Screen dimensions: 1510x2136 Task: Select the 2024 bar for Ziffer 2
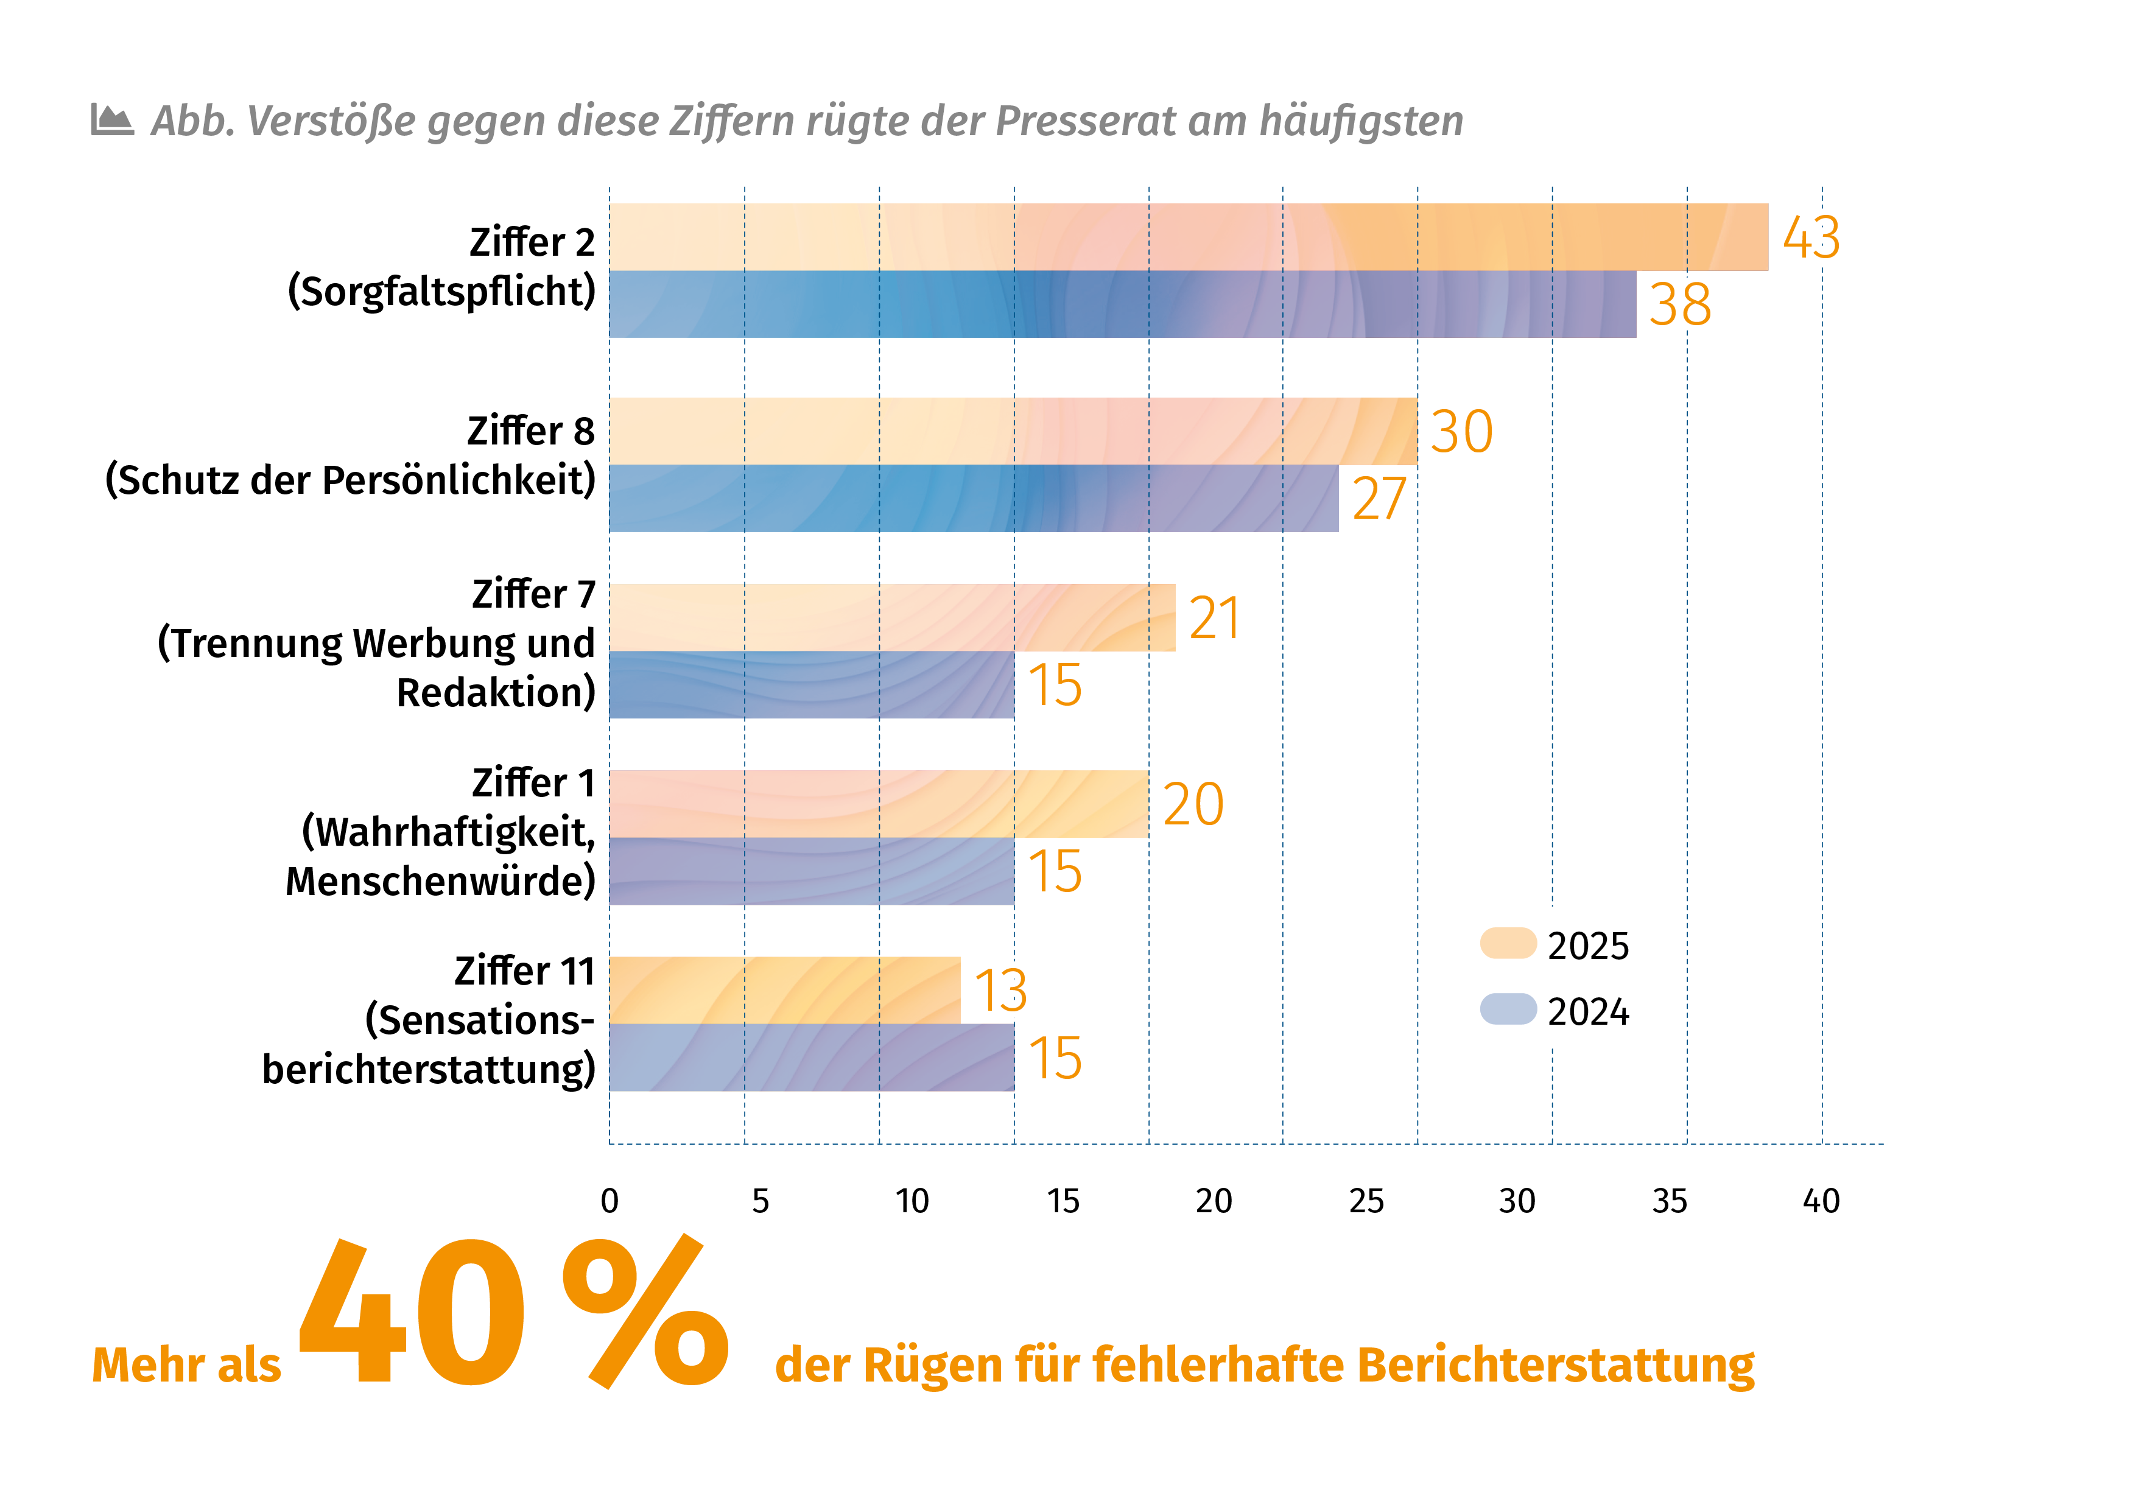(x=1122, y=304)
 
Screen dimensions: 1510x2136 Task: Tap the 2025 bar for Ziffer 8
(x=1013, y=430)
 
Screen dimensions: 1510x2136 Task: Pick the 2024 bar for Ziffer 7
(x=811, y=685)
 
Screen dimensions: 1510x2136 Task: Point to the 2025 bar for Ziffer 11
(x=784, y=990)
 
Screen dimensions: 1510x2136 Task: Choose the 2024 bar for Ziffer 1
(x=811, y=871)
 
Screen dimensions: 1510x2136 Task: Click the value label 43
(x=1810, y=237)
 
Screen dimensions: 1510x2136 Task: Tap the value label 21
(x=1214, y=618)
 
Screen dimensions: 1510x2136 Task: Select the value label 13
(x=1000, y=990)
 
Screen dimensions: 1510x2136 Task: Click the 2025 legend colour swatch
(x=1507, y=943)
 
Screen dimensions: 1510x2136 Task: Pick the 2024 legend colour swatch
(x=1507, y=1010)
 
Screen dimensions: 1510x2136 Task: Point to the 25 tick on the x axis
(x=1366, y=1201)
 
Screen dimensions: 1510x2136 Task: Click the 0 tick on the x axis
(x=610, y=1201)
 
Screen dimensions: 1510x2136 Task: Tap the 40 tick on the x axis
(x=1821, y=1201)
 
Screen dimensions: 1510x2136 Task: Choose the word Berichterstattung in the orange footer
(x=1556, y=1366)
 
